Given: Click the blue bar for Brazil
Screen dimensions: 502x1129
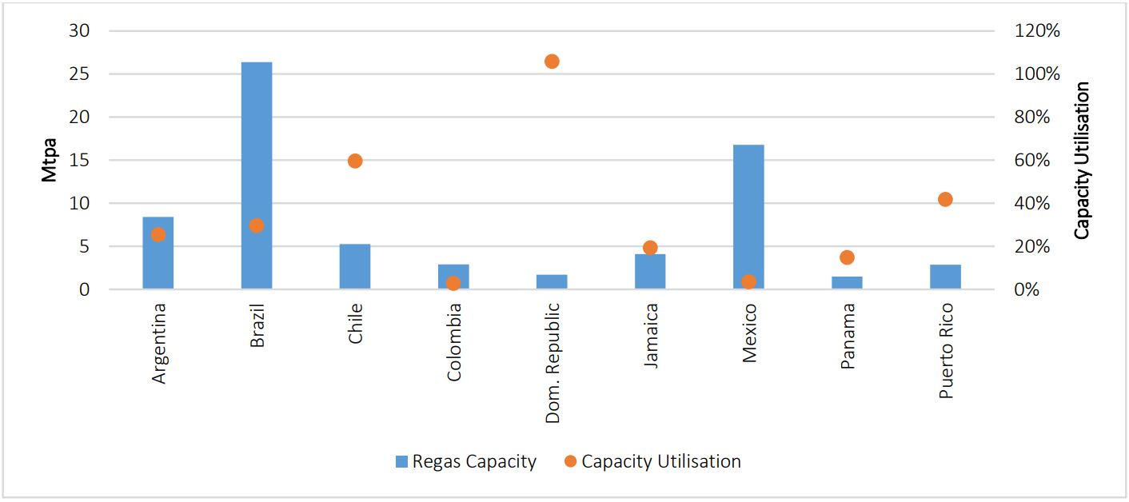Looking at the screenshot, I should pyautogui.click(x=256, y=176).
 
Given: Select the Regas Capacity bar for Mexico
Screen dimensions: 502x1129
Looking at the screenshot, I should pyautogui.click(x=748, y=216).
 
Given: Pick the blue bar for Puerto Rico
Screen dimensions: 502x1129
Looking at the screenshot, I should pyautogui.click(x=945, y=277).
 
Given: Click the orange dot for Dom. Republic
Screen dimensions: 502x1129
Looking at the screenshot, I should pyautogui.click(x=552, y=62).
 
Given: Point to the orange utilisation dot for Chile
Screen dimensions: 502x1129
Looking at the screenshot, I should pyautogui.click(x=355, y=161).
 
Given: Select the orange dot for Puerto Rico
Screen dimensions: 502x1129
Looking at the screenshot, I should pyautogui.click(x=945, y=199).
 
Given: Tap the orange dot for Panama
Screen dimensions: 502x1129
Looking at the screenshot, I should pyautogui.click(x=847, y=257).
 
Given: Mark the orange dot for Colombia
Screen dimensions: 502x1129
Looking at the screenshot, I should pyautogui.click(x=453, y=283).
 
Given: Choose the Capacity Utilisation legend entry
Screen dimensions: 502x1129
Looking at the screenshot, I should pyautogui.click(x=660, y=461).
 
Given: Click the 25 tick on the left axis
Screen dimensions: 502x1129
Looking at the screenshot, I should pyautogui.click(x=79, y=74).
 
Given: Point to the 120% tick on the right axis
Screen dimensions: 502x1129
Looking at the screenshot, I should pyautogui.click(x=1037, y=30).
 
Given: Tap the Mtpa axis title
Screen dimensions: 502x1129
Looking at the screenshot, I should pyautogui.click(x=49, y=161).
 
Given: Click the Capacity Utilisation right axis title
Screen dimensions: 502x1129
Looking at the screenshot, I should pyautogui.click(x=1082, y=160).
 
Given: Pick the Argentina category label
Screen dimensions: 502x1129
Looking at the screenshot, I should pyautogui.click(x=158, y=343).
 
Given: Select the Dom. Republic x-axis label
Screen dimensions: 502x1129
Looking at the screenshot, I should pyautogui.click(x=553, y=361).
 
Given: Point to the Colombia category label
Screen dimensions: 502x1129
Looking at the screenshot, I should pyautogui.click(x=454, y=341).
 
